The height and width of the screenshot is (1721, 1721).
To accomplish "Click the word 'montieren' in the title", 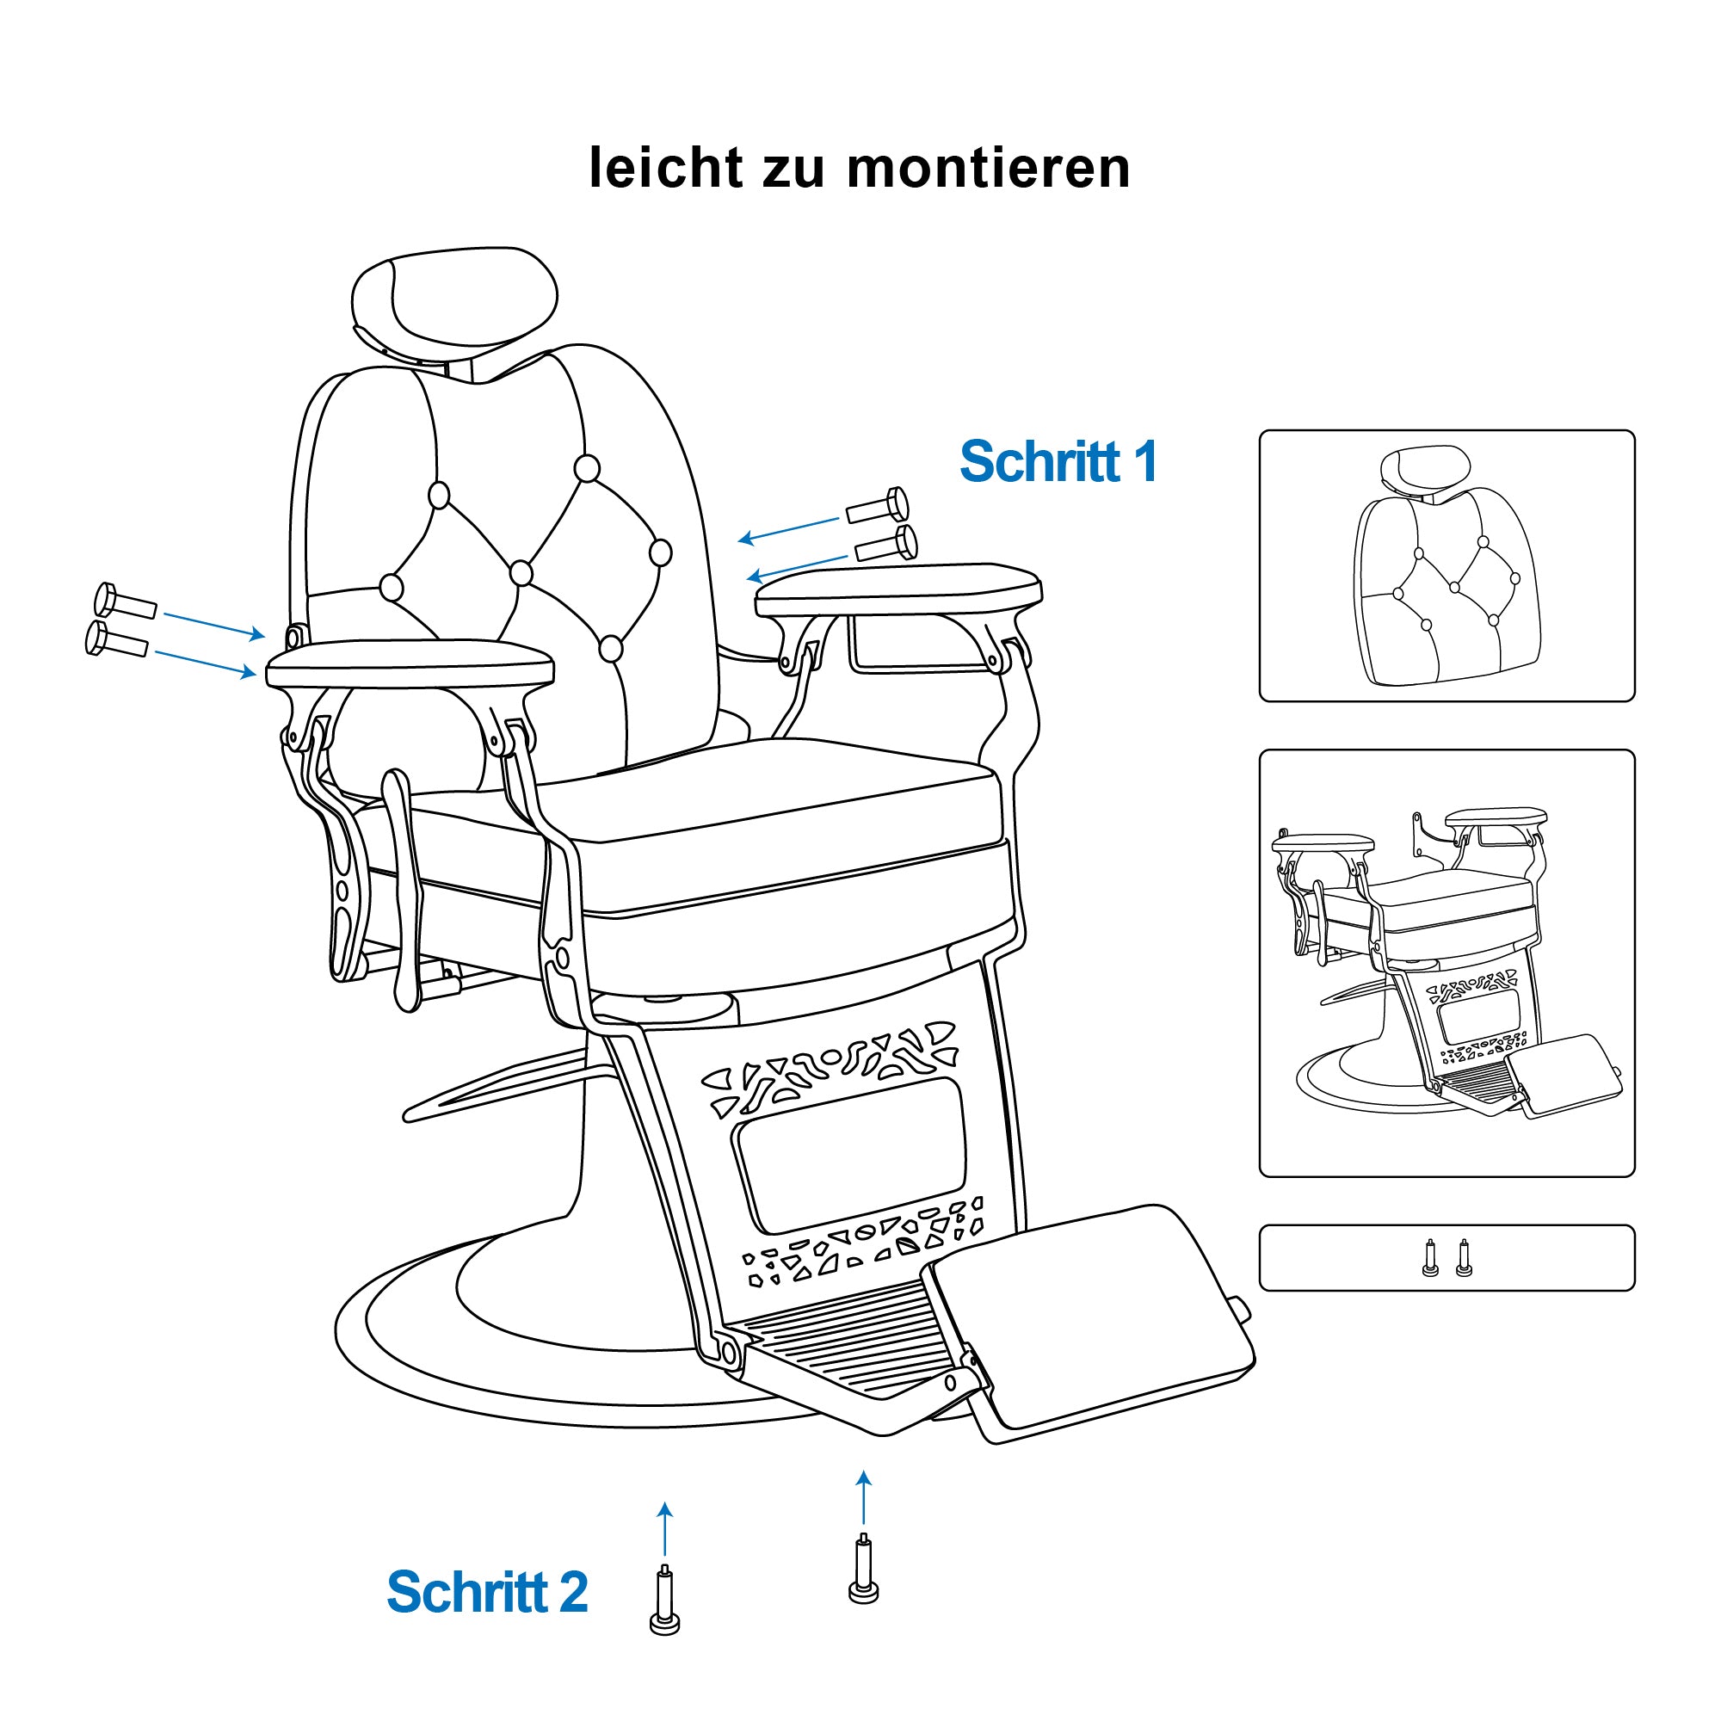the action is click(x=988, y=168).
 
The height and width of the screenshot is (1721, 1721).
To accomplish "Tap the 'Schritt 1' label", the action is click(x=1058, y=460).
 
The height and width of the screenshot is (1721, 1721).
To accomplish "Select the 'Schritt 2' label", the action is click(x=487, y=1592).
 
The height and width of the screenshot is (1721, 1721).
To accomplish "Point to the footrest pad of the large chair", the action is click(x=1089, y=1323).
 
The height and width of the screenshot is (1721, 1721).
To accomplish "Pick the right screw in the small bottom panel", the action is click(x=1463, y=1257).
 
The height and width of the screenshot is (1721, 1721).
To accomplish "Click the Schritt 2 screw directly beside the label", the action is click(x=664, y=1601).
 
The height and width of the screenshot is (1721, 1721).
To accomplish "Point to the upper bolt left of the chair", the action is click(x=126, y=602).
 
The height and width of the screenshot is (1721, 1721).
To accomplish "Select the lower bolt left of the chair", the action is click(x=117, y=639).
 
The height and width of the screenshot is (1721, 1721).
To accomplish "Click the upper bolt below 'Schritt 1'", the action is click(x=879, y=506).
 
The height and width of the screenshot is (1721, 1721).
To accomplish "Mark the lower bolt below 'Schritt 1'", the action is click(x=886, y=543).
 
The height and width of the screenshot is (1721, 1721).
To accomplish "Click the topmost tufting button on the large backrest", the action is click(x=587, y=467).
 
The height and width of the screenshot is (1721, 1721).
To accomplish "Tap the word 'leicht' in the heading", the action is click(x=666, y=168).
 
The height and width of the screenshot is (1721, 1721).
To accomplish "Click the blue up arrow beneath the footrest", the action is click(x=863, y=1497).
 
